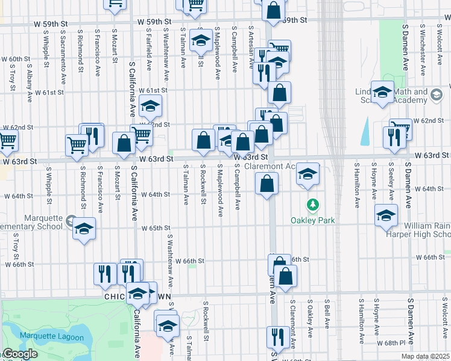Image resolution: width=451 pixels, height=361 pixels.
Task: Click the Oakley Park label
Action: (314, 220)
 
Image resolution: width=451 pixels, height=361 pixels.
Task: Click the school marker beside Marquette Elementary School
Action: (84, 229)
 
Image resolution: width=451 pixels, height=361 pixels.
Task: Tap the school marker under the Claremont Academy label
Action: (307, 174)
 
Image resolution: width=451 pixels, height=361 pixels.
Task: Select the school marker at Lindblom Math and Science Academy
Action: (382, 93)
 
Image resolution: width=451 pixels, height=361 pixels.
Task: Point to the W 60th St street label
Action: (19, 59)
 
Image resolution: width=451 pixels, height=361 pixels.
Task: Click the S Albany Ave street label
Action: (29, 73)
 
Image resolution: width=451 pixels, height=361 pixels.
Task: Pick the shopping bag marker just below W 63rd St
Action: (266, 183)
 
